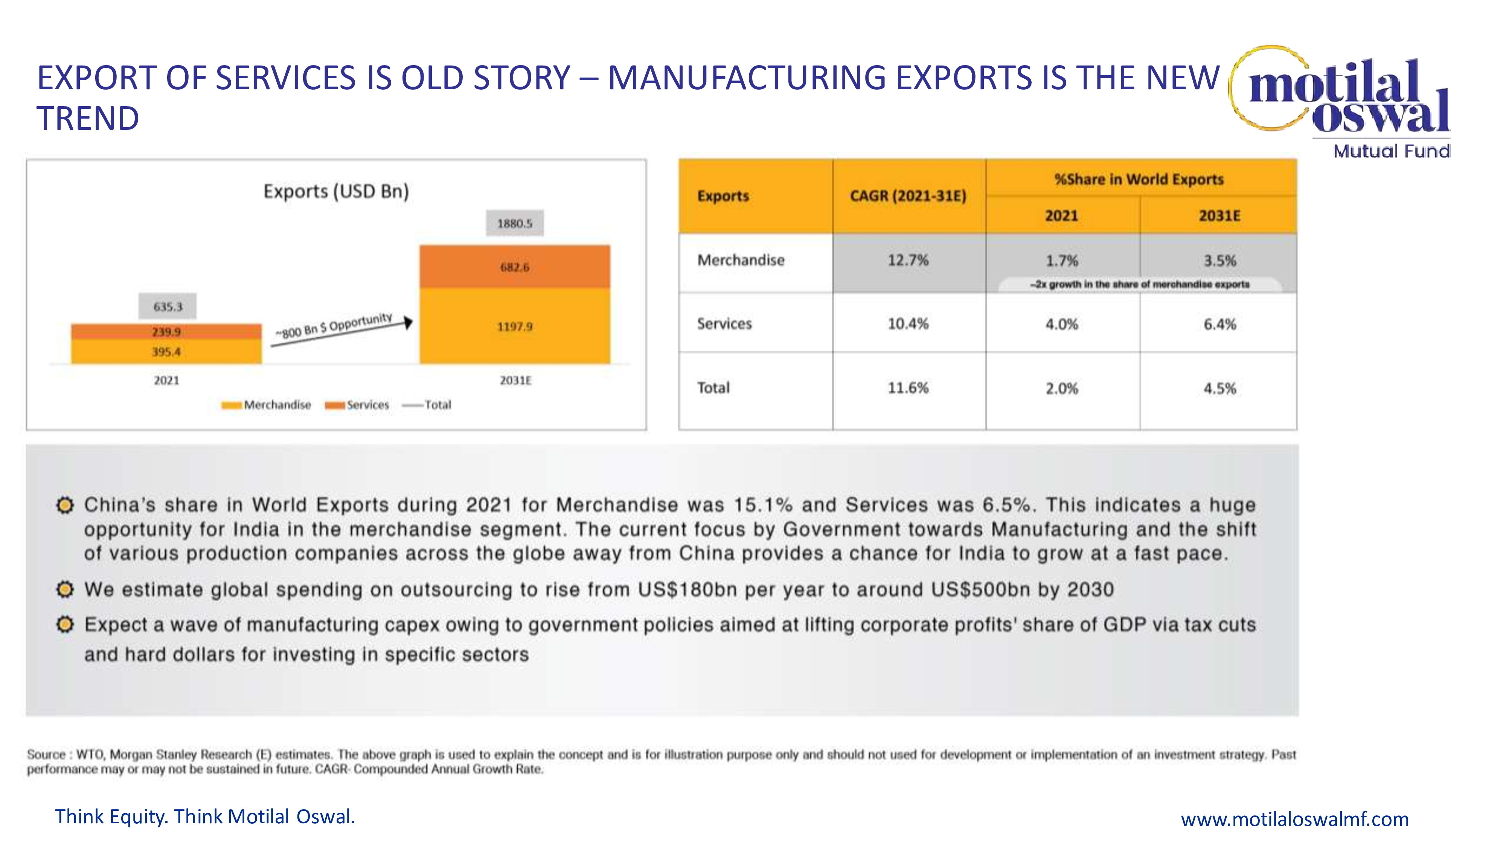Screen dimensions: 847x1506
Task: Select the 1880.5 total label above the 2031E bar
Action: (x=514, y=223)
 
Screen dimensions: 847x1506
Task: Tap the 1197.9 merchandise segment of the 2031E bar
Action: (x=514, y=326)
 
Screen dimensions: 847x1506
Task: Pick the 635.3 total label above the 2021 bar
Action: (x=168, y=306)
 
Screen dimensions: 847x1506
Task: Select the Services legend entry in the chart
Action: (x=357, y=405)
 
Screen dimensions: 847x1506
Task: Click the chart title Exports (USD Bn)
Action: (x=336, y=191)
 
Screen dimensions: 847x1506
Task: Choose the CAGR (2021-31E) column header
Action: (x=908, y=196)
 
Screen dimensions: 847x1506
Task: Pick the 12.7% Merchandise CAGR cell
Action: (x=908, y=260)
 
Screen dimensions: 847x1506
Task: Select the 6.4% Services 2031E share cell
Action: (x=1219, y=324)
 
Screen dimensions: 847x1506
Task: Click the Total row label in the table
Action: (x=714, y=388)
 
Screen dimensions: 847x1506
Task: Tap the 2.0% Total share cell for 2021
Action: (x=1062, y=388)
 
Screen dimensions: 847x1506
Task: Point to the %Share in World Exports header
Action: (x=1139, y=179)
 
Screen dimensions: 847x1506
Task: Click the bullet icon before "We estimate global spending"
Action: (x=65, y=589)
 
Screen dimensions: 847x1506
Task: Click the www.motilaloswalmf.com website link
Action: (x=1294, y=819)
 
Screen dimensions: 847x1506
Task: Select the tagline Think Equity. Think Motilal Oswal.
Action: (x=204, y=817)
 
